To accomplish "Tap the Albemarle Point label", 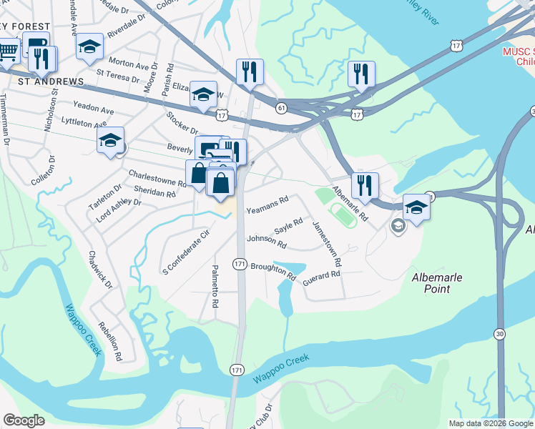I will pyautogui.click(x=441, y=283).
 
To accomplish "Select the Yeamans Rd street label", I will pyautogui.click(x=267, y=204).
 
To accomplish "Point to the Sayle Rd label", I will pyautogui.click(x=289, y=227).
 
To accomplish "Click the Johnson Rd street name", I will pyautogui.click(x=266, y=242).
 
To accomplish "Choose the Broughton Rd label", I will pyautogui.click(x=273, y=270).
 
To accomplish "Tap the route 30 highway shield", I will pyautogui.click(x=499, y=334).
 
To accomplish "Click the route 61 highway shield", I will pyautogui.click(x=281, y=108).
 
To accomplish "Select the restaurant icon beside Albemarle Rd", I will pyautogui.click(x=365, y=186).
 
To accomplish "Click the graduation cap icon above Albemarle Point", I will pyautogui.click(x=416, y=207).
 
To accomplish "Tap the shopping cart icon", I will pyautogui.click(x=8, y=51).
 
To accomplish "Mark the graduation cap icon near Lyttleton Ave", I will pyautogui.click(x=110, y=140).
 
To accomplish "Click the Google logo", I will pyautogui.click(x=24, y=420).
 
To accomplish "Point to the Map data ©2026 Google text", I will pyautogui.click(x=490, y=423).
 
